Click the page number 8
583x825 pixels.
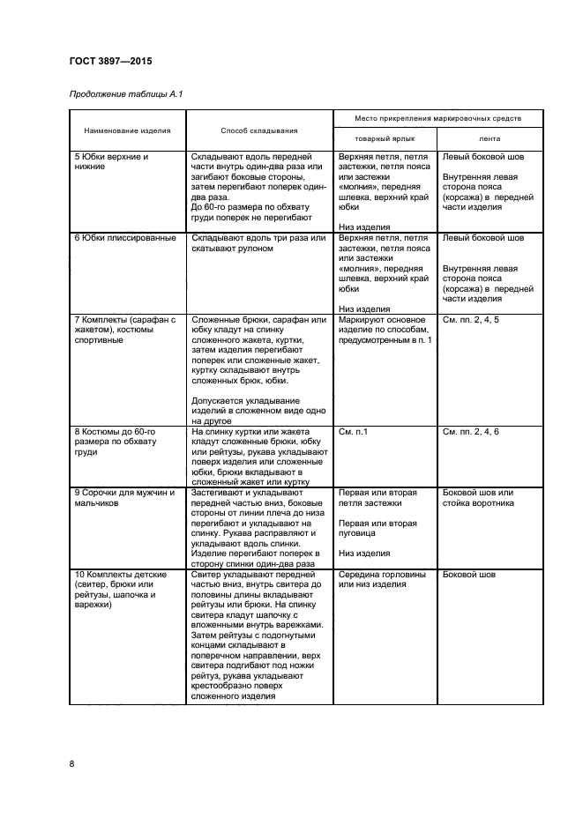coord(71,763)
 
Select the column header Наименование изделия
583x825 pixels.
coord(128,129)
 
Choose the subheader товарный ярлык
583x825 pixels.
coord(385,139)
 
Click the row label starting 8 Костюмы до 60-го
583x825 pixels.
coord(117,442)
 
